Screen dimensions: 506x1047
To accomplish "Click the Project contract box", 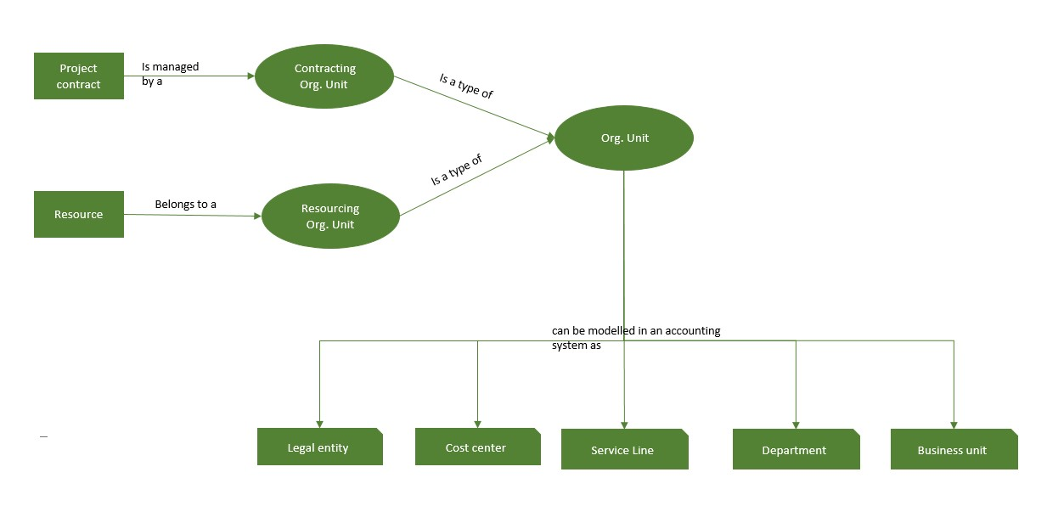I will tap(78, 76).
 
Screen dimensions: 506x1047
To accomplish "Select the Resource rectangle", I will tap(78, 214).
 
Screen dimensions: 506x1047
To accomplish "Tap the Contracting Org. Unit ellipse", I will tap(324, 76).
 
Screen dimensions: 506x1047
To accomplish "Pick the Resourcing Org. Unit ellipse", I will tap(330, 216).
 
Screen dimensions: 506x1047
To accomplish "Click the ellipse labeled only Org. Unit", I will tap(624, 138).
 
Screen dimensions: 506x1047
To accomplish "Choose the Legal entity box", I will tap(319, 447).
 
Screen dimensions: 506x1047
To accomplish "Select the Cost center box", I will tap(477, 447).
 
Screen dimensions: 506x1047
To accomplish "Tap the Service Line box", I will tap(624, 450).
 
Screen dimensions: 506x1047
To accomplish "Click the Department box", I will tap(796, 450).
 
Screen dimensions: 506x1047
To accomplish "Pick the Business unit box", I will tap(954, 450).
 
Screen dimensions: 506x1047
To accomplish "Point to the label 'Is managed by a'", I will tap(170, 74).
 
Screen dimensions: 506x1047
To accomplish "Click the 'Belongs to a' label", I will tap(185, 205).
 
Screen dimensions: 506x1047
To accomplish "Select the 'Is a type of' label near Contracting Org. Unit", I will tap(466, 87).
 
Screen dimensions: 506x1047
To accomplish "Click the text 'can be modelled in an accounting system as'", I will tap(635, 338).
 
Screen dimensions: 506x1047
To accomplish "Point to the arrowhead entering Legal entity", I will tap(320, 424).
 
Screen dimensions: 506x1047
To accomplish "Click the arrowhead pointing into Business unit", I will tap(954, 424).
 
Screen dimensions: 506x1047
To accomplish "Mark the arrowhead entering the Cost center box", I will tap(477, 424).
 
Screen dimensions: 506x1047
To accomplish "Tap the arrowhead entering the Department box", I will tap(796, 424).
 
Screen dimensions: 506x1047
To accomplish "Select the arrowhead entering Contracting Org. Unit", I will tap(250, 76).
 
